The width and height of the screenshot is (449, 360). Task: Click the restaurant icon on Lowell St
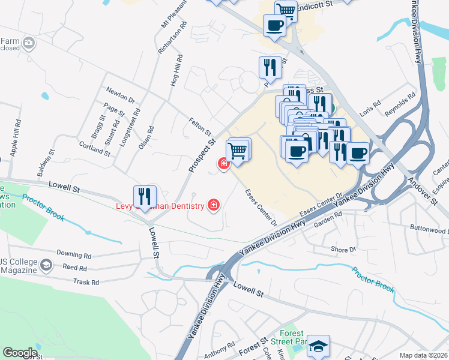coord(145,196)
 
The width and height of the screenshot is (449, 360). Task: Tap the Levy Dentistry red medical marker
coord(213,206)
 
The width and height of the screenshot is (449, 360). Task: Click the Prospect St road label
coord(202,157)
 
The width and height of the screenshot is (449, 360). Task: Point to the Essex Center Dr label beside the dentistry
coord(261,208)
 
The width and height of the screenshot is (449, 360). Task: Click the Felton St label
coord(200,127)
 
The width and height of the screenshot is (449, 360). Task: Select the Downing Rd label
coord(74,254)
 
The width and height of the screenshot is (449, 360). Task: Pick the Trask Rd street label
coord(85,281)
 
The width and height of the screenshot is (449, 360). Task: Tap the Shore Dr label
coord(343,249)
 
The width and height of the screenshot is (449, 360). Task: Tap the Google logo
coord(20,353)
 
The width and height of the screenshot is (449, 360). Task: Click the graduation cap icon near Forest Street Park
coord(318,345)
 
